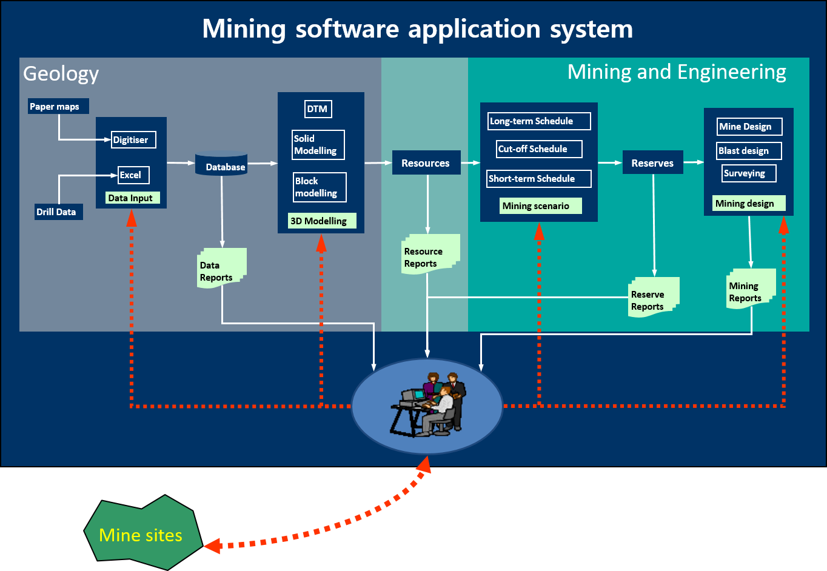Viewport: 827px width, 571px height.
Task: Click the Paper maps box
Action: click(58, 106)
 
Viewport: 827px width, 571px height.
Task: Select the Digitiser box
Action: click(133, 139)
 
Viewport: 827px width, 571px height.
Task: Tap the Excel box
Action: click(133, 175)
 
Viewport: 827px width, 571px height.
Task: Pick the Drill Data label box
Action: click(58, 212)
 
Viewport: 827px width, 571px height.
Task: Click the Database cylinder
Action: click(221, 164)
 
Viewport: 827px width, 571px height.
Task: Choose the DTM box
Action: click(318, 109)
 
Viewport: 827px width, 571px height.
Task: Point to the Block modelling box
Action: click(320, 187)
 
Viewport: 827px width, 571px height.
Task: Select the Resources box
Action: click(426, 163)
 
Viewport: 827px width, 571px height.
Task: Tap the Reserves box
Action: click(652, 163)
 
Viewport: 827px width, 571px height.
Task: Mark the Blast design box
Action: click(749, 151)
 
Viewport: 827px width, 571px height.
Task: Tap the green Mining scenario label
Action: click(540, 206)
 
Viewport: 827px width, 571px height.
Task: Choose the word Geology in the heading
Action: click(61, 74)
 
